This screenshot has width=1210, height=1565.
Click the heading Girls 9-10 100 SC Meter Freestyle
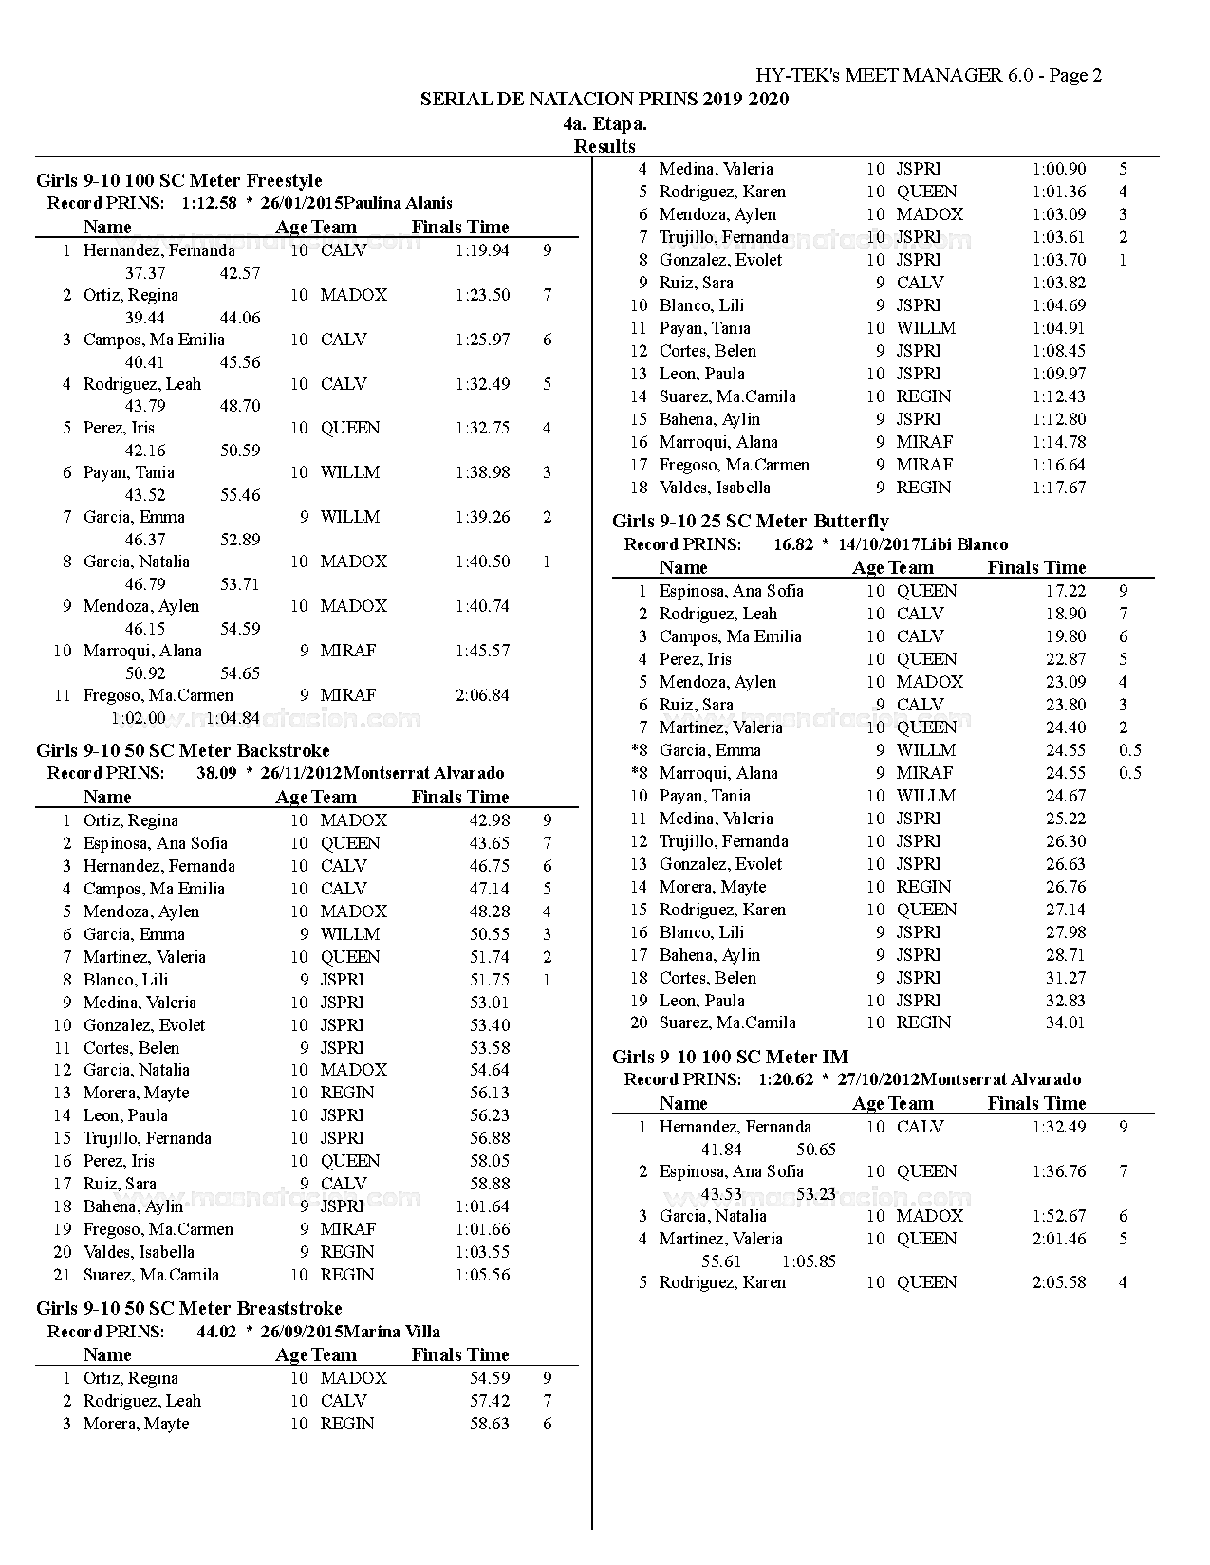pyautogui.click(x=179, y=180)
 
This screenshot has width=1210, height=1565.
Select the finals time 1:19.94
pyautogui.click(x=482, y=250)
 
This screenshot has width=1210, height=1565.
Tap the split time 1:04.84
pyautogui.click(x=233, y=718)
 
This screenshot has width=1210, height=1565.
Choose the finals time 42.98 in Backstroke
pyautogui.click(x=490, y=820)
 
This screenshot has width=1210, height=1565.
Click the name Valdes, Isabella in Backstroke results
pyautogui.click(x=139, y=1252)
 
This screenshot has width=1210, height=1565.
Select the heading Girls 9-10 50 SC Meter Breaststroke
pyautogui.click(x=189, y=1308)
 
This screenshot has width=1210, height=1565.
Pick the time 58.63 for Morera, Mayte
pyautogui.click(x=490, y=1424)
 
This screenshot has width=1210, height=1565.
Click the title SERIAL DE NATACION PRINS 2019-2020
pyautogui.click(x=605, y=100)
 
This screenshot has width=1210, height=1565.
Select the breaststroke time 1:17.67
pyautogui.click(x=1059, y=488)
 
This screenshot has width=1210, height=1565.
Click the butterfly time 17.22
pyautogui.click(x=1066, y=591)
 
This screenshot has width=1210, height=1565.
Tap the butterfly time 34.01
pyautogui.click(x=1066, y=1022)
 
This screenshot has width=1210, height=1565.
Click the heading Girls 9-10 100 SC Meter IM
pyautogui.click(x=730, y=1057)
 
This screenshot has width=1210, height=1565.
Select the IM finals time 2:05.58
pyautogui.click(x=1059, y=1282)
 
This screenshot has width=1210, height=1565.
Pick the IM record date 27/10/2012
pyautogui.click(x=879, y=1079)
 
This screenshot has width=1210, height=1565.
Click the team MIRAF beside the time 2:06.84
pyautogui.click(x=348, y=695)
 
